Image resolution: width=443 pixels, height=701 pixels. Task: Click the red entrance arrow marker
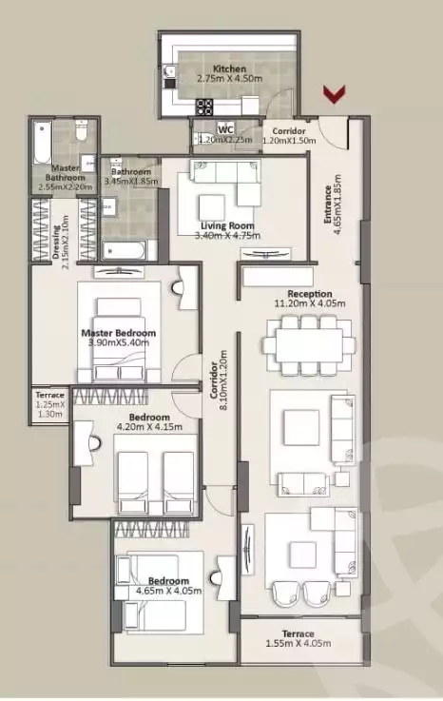[334, 93]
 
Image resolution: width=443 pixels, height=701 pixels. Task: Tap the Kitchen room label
[229, 69]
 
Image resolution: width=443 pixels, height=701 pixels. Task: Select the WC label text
[226, 128]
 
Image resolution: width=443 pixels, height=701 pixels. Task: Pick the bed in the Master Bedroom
[119, 328]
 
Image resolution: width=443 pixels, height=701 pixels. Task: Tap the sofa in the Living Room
[224, 171]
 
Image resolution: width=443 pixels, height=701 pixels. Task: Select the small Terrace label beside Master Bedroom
[49, 395]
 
